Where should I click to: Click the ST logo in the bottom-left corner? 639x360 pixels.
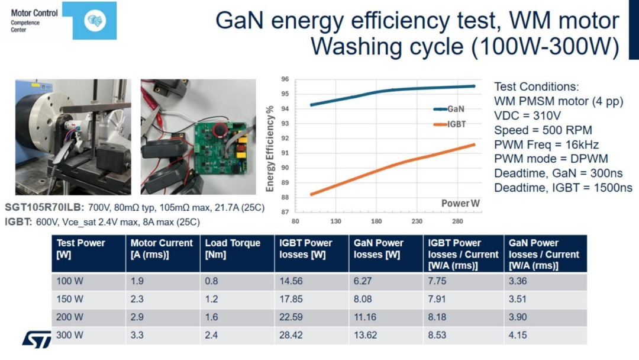37,339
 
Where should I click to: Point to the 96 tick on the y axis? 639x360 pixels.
285,79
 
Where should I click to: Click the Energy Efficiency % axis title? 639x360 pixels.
270,149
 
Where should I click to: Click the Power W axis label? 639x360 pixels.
460,203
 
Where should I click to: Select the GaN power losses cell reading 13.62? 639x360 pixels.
365,335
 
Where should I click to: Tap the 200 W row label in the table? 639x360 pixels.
70,317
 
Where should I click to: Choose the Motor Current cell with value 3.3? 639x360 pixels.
137,335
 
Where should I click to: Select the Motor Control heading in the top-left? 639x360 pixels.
34,12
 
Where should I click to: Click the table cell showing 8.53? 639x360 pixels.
439,335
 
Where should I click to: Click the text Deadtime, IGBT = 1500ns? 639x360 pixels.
563,188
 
